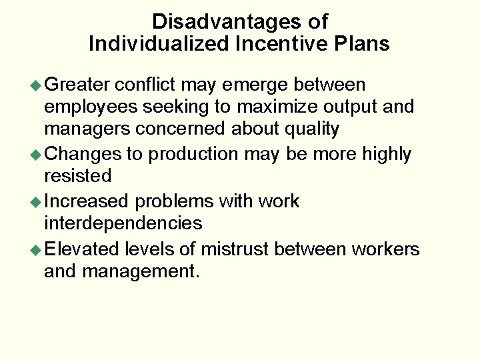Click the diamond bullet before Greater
coord(37,85)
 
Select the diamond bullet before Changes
coord(37,155)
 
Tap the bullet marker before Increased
coord(37,201)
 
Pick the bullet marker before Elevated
coord(37,249)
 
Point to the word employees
coord(91,107)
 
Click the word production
coord(193,154)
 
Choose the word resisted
coord(77,176)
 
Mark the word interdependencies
coord(123,222)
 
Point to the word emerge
coord(256,85)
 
